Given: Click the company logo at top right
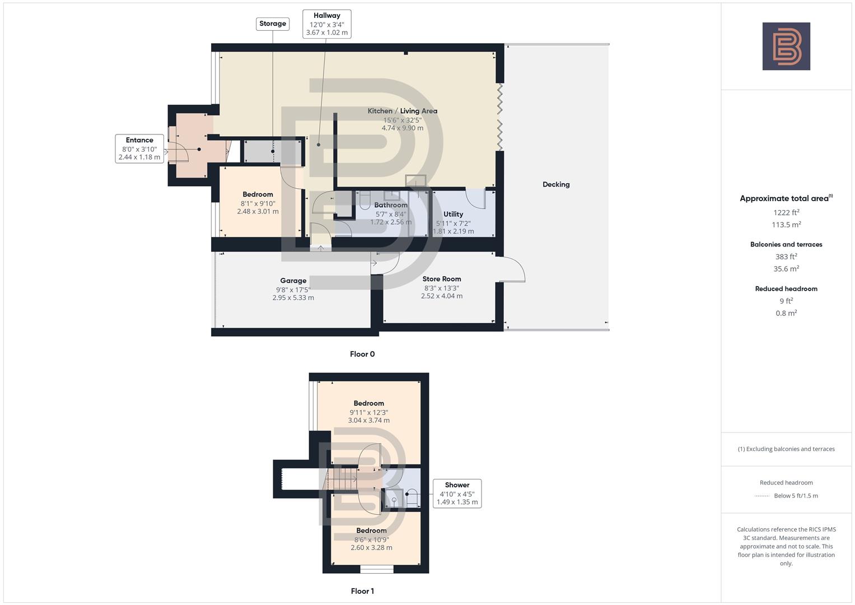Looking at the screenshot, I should coord(786,46).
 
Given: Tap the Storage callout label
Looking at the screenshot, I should coord(273,24).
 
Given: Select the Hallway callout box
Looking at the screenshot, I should coord(326,24).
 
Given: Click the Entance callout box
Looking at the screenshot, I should coord(139,148).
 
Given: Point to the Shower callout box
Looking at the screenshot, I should coord(457,494).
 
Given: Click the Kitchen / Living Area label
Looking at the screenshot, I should coord(402,111).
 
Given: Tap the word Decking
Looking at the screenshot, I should coord(555,184).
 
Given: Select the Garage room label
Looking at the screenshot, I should coord(293,281).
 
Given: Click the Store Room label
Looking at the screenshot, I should coord(441,279).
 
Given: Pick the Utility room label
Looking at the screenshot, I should coord(453,214).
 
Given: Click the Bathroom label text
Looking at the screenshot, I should coord(390,205).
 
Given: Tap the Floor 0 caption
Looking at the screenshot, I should coord(362,354).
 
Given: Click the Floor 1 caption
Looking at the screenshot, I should coord(362,591).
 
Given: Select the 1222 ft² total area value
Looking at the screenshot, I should coord(786,212).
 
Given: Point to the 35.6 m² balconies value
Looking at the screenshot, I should coord(786,269).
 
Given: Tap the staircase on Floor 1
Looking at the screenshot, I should coord(342,479).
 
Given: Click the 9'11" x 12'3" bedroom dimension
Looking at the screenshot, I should coord(368,412).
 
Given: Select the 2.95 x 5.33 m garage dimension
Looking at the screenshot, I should coord(293,297).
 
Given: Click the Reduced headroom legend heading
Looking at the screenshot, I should coord(786,482).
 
